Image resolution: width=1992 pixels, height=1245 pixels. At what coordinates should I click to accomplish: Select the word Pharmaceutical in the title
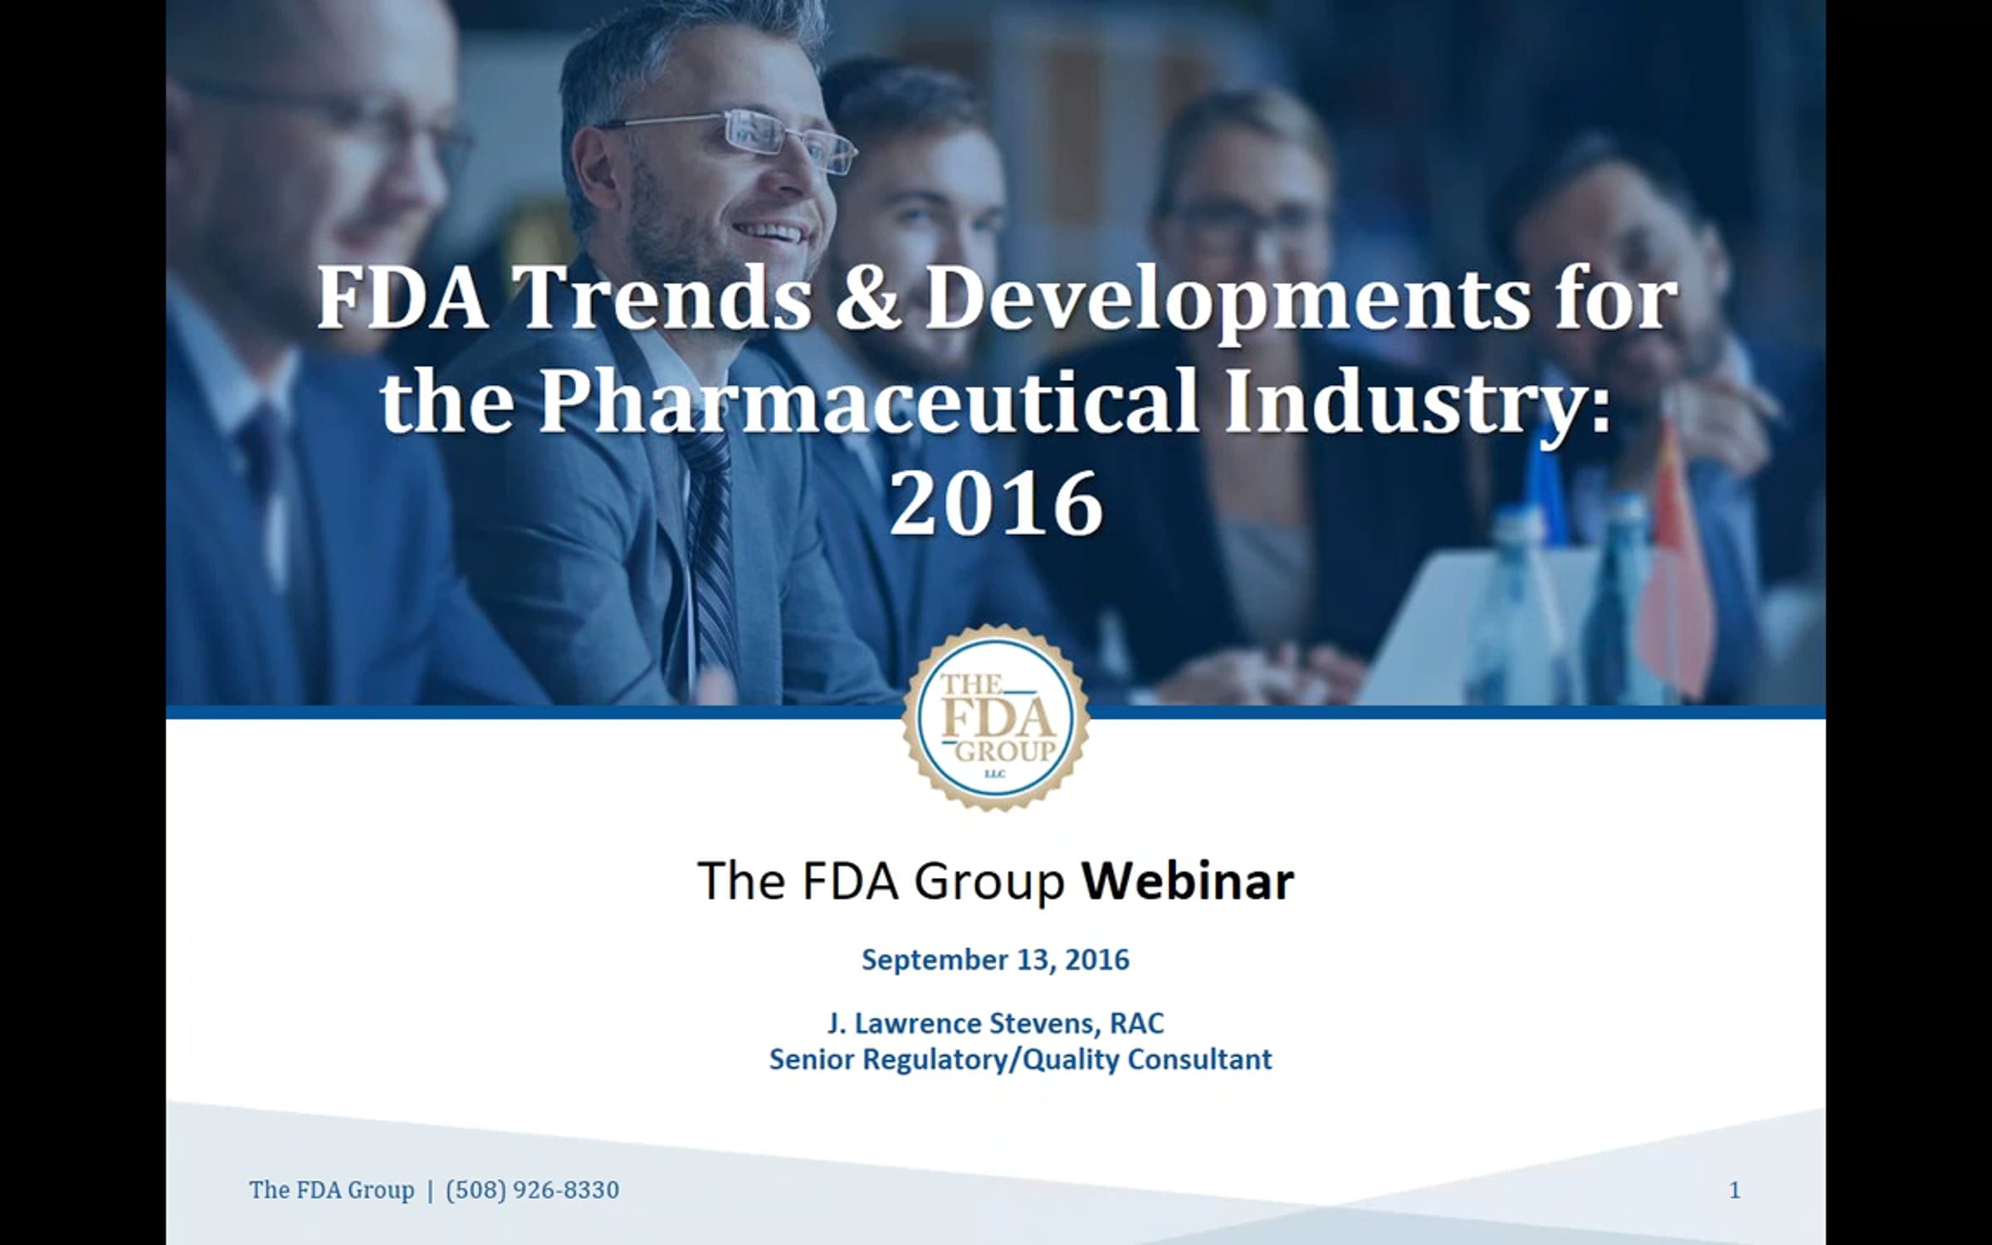tap(869, 403)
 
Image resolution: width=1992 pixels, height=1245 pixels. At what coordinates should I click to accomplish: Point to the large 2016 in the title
tap(996, 503)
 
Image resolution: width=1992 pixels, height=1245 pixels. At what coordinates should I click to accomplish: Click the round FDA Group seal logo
tap(996, 718)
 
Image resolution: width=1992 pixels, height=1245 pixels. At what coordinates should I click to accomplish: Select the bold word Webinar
tap(1188, 881)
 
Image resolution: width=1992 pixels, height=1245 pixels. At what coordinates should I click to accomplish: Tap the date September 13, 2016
tap(995, 959)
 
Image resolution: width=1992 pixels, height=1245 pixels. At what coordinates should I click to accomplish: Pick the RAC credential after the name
tap(1137, 1023)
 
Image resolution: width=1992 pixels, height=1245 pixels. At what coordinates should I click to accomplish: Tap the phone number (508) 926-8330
tap(532, 1190)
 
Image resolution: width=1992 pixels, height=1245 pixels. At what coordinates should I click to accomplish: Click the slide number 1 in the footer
tap(1734, 1190)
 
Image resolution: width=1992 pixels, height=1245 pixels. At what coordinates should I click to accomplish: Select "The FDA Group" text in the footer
tap(331, 1190)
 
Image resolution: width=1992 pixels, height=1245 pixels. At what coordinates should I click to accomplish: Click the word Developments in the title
tap(1228, 301)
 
